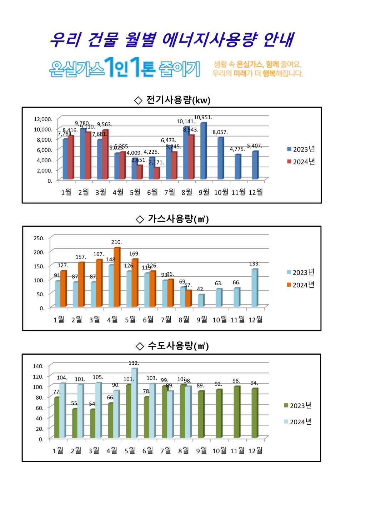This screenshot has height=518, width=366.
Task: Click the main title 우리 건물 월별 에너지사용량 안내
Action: [171, 40]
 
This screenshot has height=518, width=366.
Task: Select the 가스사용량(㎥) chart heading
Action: [172, 219]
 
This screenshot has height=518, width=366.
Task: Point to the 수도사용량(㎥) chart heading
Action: [172, 346]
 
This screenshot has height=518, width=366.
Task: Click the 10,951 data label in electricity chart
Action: [203, 117]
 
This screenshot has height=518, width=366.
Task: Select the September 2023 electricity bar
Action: [204, 151]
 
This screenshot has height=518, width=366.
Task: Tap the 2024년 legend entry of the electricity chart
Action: [301, 162]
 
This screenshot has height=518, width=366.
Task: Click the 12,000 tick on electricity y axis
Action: [43, 119]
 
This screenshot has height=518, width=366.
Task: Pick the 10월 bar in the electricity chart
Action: [221, 158]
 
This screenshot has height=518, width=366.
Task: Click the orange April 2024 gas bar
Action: [117, 277]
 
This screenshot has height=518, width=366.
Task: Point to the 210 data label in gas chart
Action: [116, 242]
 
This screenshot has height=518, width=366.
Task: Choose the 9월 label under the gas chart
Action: [202, 320]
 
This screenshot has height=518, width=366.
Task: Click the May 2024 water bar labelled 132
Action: [134, 403]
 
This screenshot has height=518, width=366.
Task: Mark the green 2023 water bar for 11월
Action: [236, 412]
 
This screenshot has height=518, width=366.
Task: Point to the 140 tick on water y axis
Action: [38, 366]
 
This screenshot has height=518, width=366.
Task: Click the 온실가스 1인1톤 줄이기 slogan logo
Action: [125, 68]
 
